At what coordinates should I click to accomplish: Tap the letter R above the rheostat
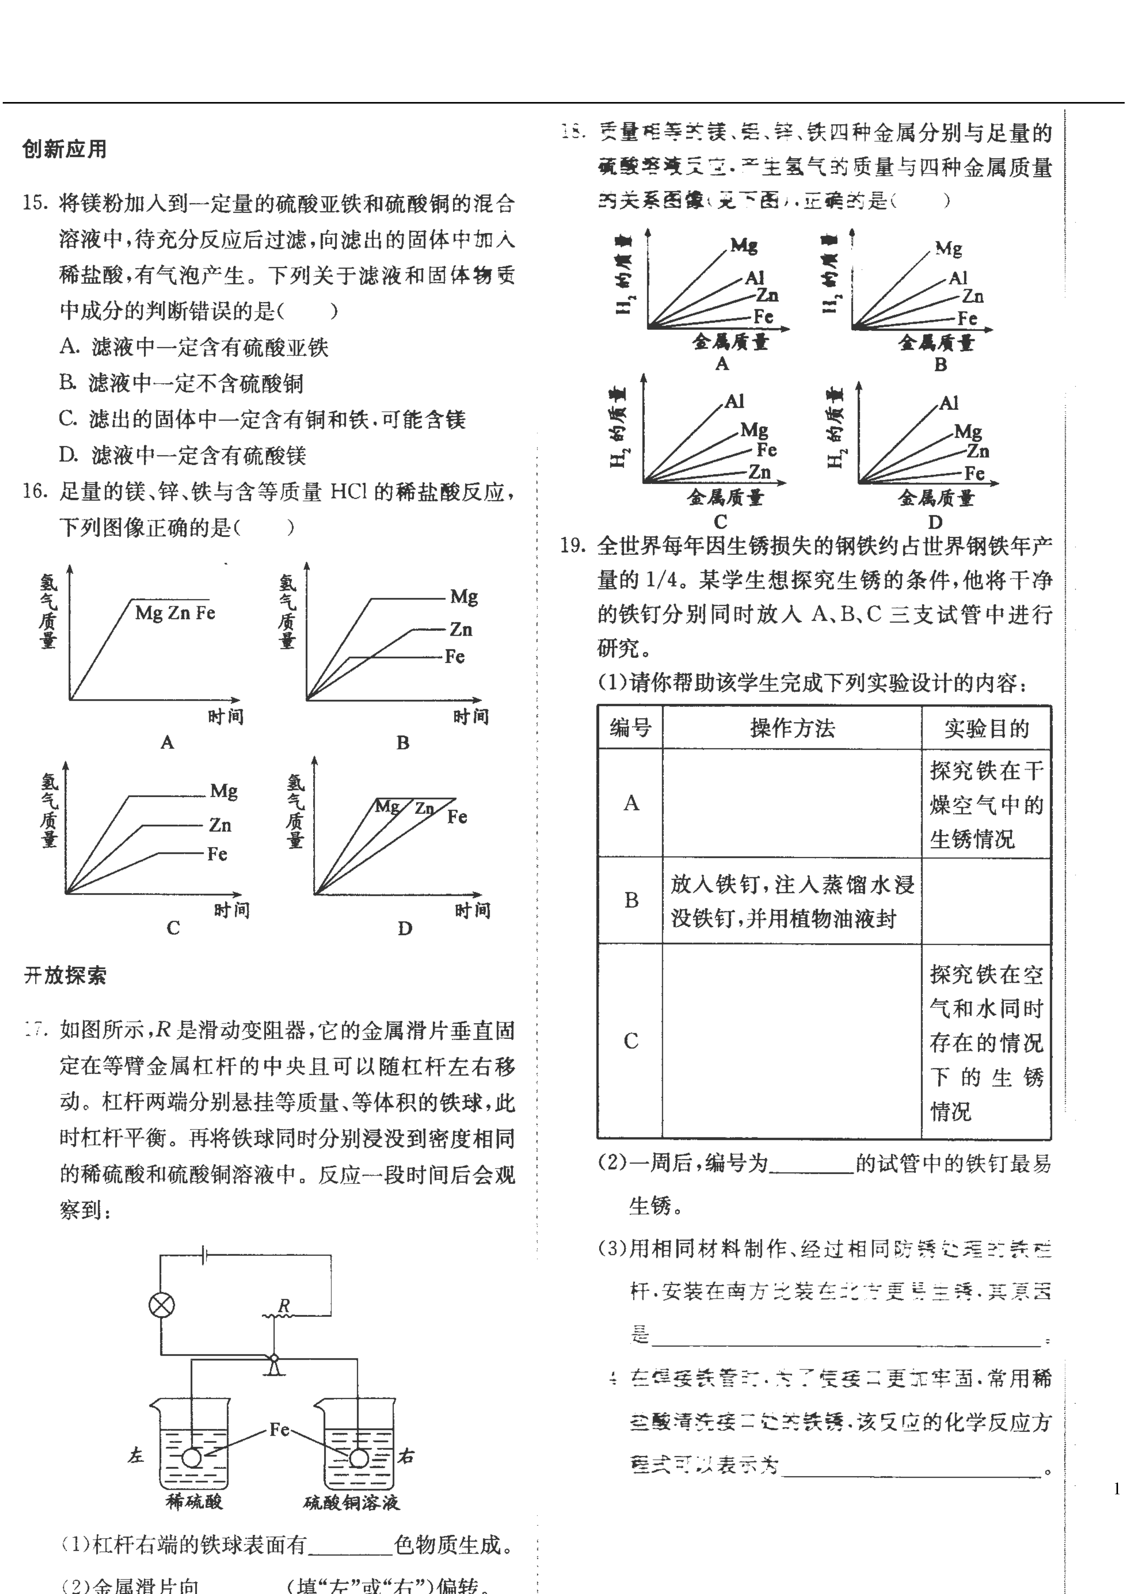(284, 1306)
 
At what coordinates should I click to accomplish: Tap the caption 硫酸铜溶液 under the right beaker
(351, 1502)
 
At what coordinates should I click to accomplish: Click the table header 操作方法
(792, 728)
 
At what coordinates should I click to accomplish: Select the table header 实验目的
(986, 728)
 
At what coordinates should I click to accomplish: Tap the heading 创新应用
(65, 149)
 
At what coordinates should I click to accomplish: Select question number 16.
(35, 492)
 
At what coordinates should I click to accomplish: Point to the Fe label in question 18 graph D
(975, 474)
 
